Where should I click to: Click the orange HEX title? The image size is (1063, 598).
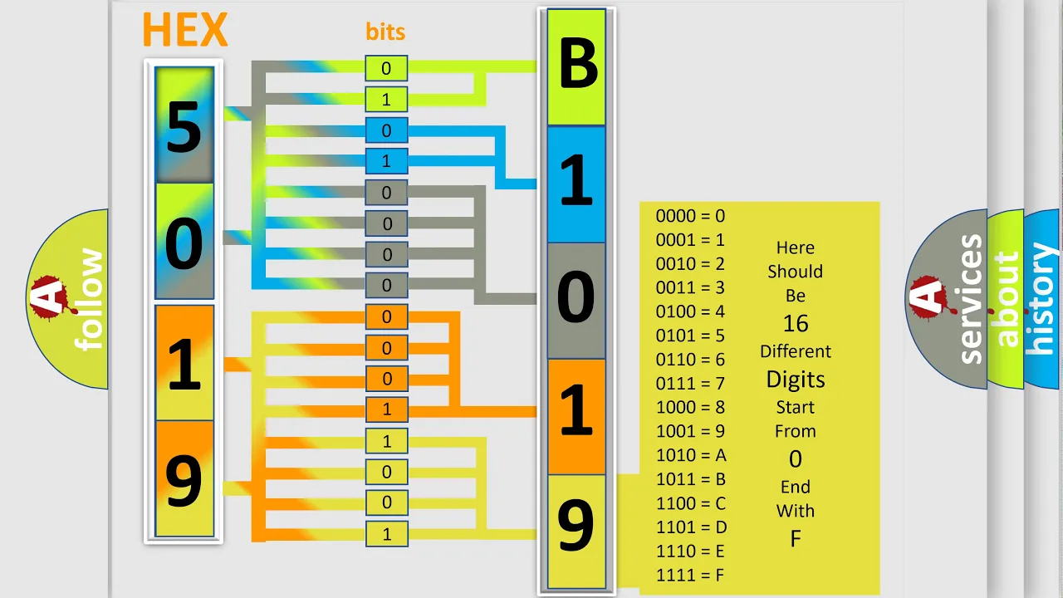(x=185, y=29)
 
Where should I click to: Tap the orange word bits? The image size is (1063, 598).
(x=385, y=32)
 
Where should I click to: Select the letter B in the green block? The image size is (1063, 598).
(x=577, y=64)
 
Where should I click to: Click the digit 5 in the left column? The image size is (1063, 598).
(x=184, y=127)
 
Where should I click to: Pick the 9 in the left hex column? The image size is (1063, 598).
(x=184, y=479)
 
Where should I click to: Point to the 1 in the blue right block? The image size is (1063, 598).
(x=576, y=180)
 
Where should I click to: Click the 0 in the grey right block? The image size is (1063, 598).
(x=576, y=297)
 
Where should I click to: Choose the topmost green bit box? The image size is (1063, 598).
(x=386, y=68)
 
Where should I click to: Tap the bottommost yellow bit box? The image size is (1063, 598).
(x=387, y=534)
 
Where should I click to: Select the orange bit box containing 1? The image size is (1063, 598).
(x=387, y=409)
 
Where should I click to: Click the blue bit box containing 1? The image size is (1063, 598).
(x=386, y=161)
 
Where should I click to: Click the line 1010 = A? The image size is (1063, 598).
(x=691, y=455)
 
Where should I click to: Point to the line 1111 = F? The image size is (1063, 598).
(x=690, y=576)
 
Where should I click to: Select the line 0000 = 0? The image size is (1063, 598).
(x=690, y=216)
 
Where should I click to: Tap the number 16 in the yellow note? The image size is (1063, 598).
(x=796, y=324)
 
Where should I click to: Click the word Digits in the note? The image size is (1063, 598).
(x=796, y=380)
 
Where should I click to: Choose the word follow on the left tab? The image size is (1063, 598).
(x=89, y=299)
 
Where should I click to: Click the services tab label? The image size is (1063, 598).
(x=971, y=299)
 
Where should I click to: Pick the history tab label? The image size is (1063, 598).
(x=1042, y=298)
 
